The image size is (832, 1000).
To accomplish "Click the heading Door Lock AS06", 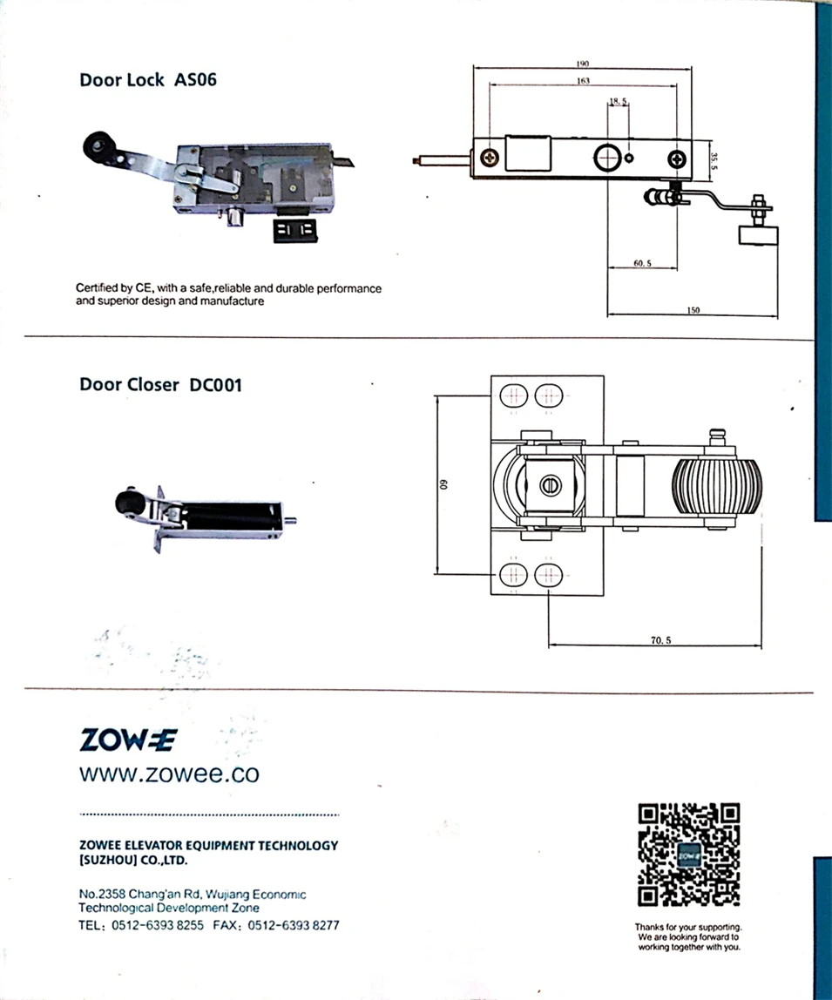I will click(x=147, y=80).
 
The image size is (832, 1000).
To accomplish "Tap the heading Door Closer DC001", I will click(x=160, y=384).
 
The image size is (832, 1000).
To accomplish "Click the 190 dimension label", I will click(x=583, y=64).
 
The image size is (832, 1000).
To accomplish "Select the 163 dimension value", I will click(x=583, y=80).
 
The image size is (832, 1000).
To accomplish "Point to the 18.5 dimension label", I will click(x=619, y=102).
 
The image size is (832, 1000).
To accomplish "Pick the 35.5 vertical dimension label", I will click(x=714, y=160).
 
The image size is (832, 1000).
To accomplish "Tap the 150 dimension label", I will click(x=693, y=309).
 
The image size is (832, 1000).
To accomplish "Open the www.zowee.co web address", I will click(x=169, y=774).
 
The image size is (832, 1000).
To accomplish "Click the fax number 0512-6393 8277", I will click(x=294, y=925).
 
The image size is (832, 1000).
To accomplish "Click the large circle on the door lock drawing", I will click(x=605, y=158).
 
